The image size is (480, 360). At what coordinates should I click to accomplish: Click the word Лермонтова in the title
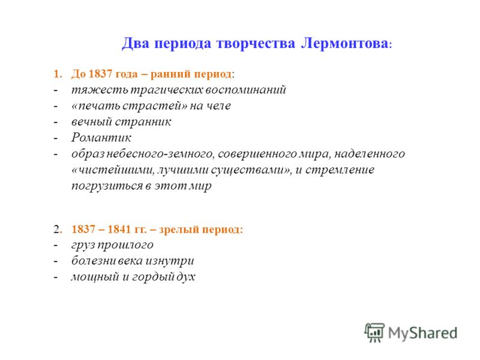click(x=344, y=43)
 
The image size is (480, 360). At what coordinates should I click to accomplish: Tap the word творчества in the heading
click(x=256, y=43)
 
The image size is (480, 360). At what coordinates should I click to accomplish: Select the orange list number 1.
click(x=58, y=74)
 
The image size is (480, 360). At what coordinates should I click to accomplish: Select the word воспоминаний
click(x=245, y=89)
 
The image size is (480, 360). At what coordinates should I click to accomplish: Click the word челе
click(x=218, y=106)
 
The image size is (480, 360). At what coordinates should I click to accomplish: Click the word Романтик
click(x=101, y=138)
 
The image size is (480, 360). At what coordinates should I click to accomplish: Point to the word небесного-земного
click(x=160, y=154)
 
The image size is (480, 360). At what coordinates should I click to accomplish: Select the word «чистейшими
click(x=113, y=170)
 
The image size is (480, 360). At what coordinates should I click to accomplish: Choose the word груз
click(x=83, y=245)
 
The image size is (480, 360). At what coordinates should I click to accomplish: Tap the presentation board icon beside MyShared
click(x=374, y=332)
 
